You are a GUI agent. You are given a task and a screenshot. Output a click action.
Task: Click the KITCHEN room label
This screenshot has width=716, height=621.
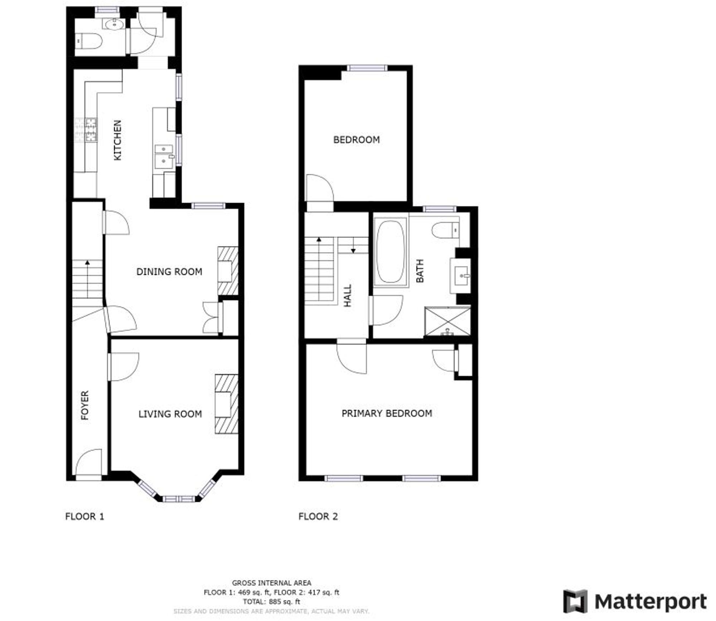pyautogui.click(x=117, y=140)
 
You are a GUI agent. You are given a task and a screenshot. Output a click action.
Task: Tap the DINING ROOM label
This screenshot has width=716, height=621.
pyautogui.click(x=169, y=272)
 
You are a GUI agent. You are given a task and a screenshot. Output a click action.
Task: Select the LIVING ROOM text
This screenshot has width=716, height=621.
pyautogui.click(x=170, y=414)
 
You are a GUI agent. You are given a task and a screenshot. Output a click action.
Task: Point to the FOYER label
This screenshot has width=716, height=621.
pyautogui.click(x=85, y=405)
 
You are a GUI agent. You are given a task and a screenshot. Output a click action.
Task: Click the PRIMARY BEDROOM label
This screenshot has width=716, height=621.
pyautogui.click(x=387, y=413)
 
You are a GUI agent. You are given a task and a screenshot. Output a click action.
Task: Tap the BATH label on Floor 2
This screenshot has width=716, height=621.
pyautogui.click(x=420, y=271)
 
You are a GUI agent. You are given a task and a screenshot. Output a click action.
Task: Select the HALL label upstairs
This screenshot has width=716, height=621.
pyautogui.click(x=348, y=296)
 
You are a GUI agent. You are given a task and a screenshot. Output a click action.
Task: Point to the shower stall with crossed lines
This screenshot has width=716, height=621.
pyautogui.click(x=447, y=321)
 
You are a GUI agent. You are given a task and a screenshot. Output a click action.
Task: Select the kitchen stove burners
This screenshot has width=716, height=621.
pyautogui.click(x=86, y=130)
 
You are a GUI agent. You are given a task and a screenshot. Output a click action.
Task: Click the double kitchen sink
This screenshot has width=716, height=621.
pyautogui.click(x=164, y=156)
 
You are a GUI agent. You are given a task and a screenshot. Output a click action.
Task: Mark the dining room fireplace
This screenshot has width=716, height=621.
pyautogui.click(x=228, y=271)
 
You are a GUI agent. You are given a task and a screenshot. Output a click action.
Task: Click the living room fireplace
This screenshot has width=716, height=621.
pyautogui.click(x=226, y=404)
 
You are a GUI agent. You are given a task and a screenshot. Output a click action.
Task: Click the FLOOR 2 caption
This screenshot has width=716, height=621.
pyautogui.click(x=318, y=516)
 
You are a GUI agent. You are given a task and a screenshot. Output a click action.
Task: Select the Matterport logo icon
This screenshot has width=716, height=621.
pyautogui.click(x=575, y=601)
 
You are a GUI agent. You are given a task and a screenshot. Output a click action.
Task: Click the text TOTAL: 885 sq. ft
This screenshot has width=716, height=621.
pyautogui.click(x=271, y=602)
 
